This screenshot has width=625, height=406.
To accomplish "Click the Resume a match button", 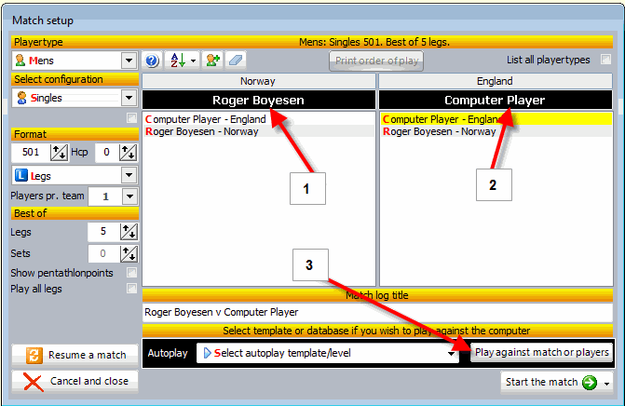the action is point(75,355).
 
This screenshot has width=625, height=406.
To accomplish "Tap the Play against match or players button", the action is point(541,352).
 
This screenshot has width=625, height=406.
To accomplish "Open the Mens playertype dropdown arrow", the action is point(129,61).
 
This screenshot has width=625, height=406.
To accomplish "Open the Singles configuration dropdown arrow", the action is point(129,98).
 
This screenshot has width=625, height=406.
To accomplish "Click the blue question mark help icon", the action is point(152,61).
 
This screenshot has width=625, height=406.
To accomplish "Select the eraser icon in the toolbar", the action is point(236,61).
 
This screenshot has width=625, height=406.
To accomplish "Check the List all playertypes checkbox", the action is point(605,60).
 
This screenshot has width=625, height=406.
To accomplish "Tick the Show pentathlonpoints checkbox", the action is point(131,273).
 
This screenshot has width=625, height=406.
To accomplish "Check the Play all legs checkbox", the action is point(131,288).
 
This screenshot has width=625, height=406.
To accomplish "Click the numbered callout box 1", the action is point(307,188).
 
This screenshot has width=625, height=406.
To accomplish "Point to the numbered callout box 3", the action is point(310,265).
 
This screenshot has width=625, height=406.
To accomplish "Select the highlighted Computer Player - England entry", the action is point(496,119).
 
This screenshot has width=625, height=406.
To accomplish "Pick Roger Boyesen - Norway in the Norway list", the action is point(202,131).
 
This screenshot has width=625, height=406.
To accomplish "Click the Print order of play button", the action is point(376,61).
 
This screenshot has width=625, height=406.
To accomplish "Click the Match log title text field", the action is point(377,312).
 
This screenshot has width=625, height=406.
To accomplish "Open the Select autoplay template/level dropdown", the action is point(327,353).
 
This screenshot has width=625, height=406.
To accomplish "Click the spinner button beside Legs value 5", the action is point(129,232).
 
